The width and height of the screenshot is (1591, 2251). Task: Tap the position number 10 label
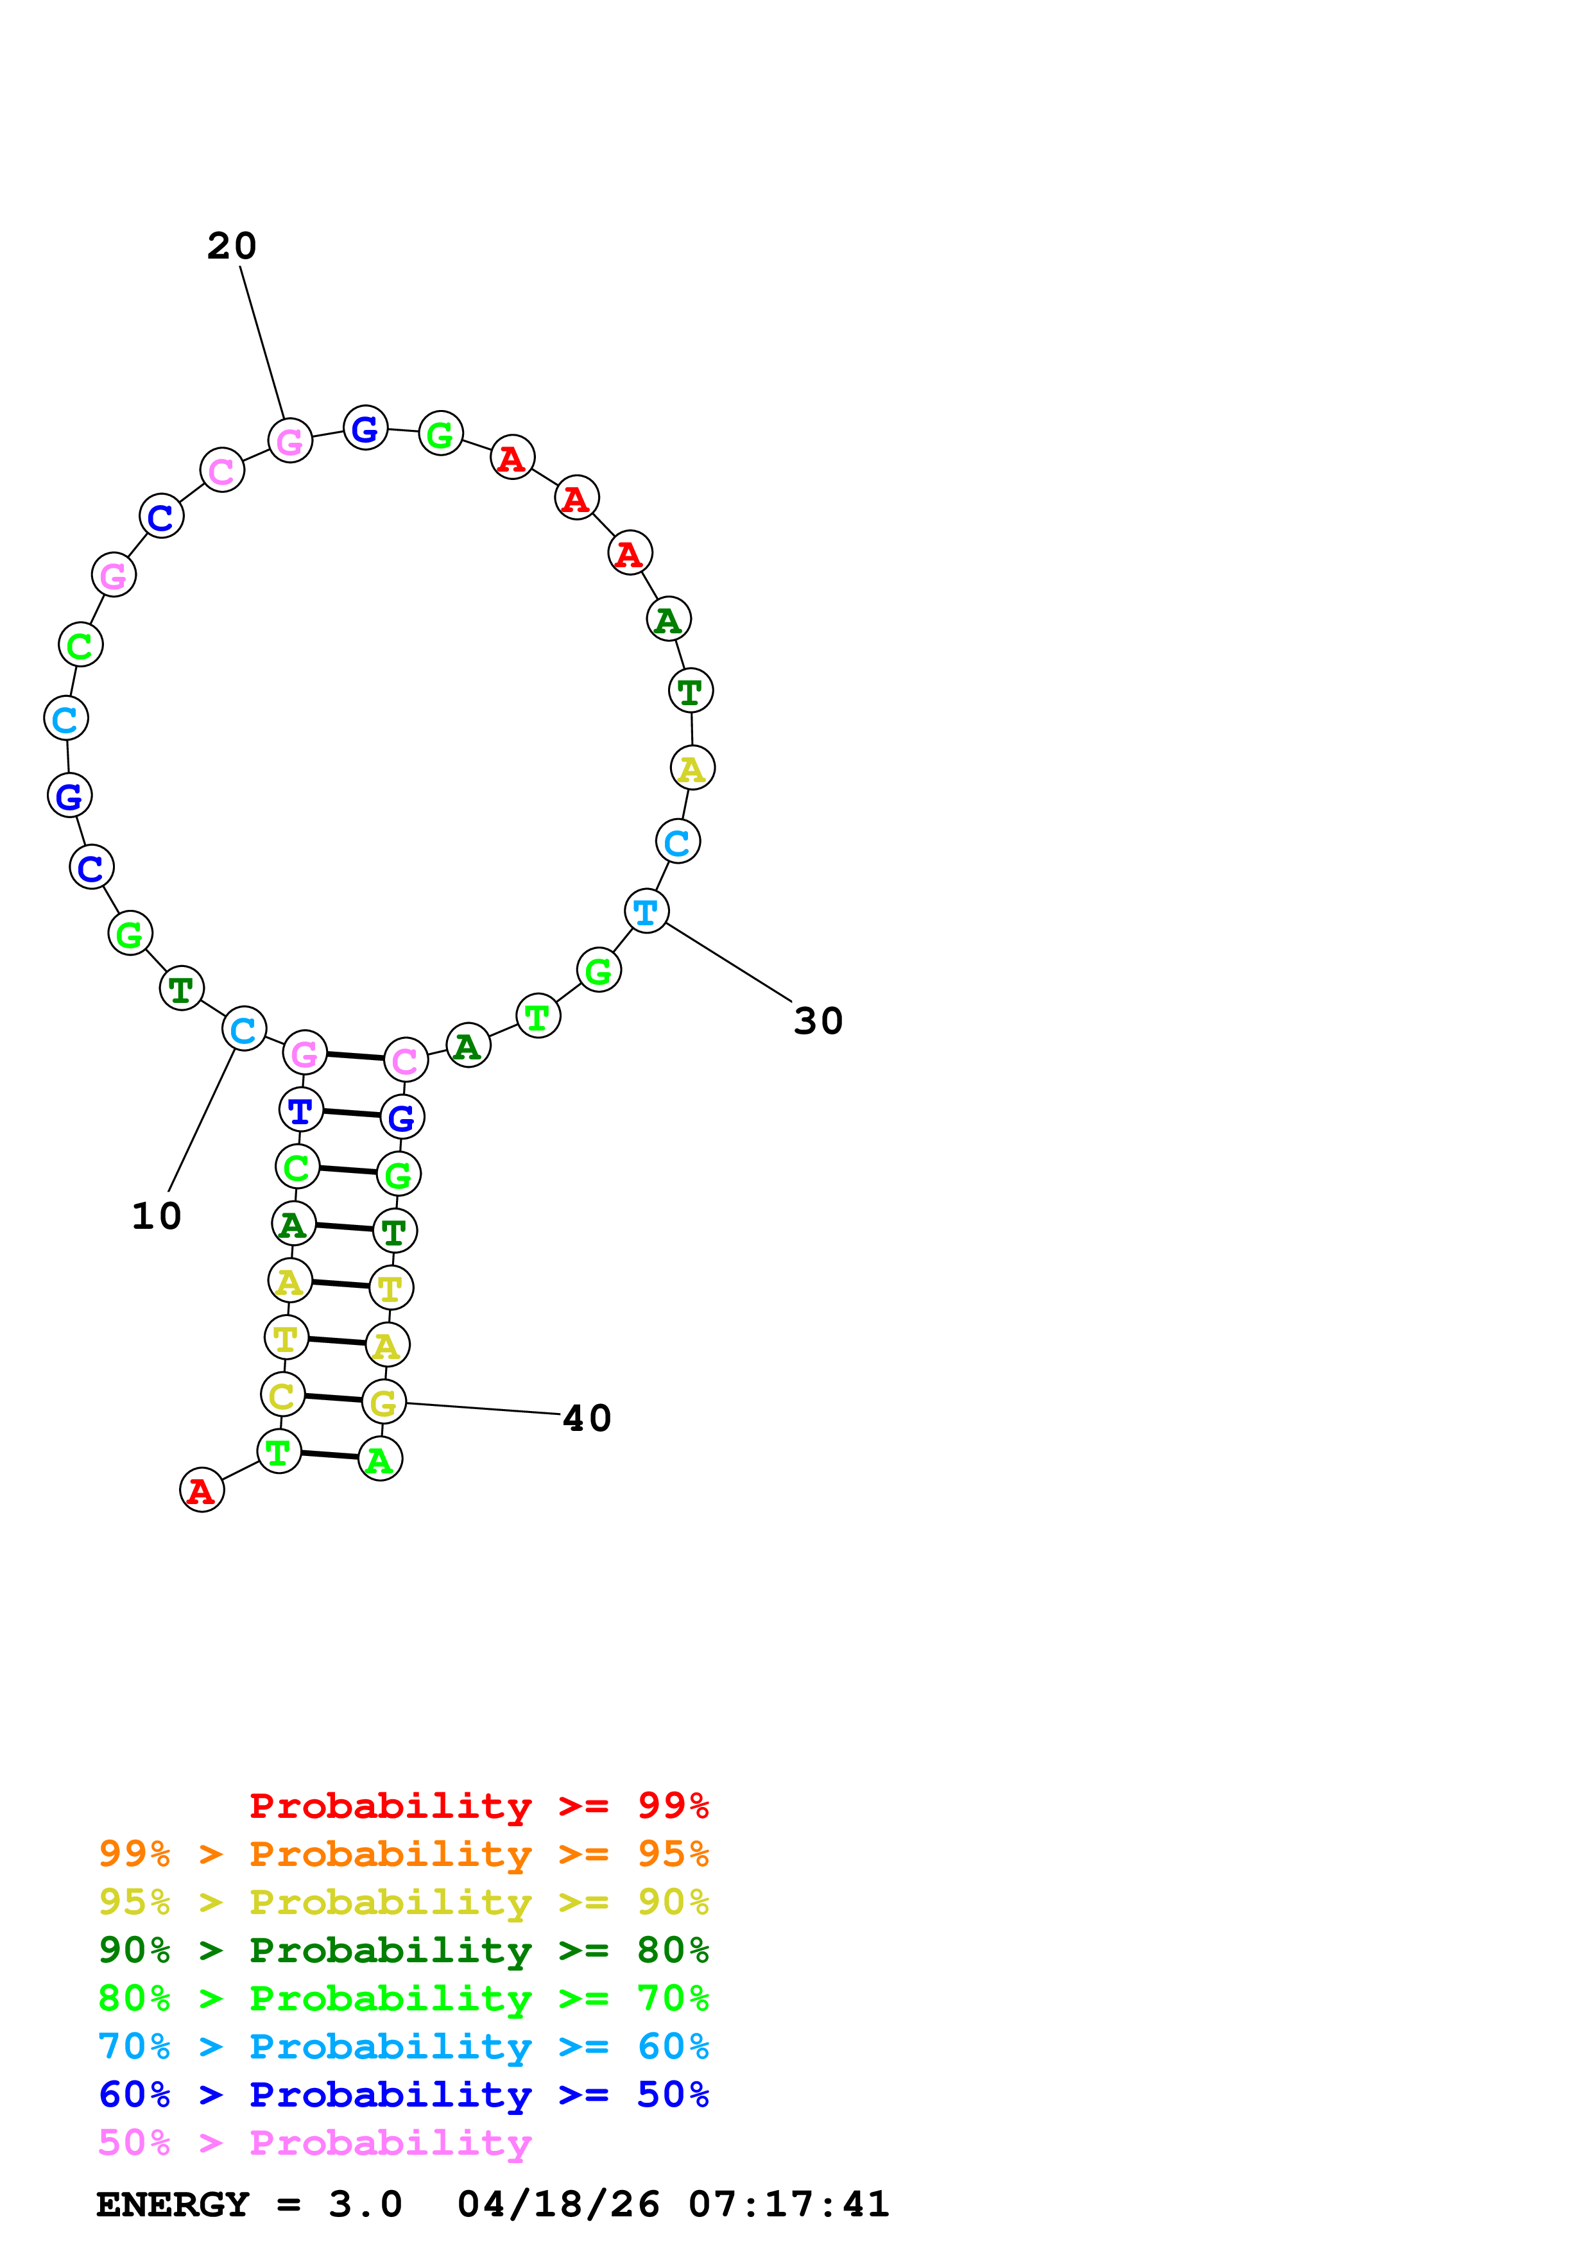pos(157,1217)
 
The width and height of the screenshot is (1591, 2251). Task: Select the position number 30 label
pos(818,1022)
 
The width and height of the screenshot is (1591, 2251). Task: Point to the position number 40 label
pos(587,1419)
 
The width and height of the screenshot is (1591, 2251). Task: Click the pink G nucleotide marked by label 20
pos(290,441)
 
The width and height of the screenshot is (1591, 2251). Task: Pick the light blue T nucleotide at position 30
pos(646,912)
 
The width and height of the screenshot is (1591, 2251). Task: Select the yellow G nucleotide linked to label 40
pos(383,1403)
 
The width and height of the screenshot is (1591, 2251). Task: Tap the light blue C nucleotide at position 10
pos(244,1029)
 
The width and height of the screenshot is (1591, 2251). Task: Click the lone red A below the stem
pos(202,1491)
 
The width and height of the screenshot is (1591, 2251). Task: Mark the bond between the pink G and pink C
pos(355,1057)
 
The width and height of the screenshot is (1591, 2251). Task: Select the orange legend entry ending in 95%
pos(403,1855)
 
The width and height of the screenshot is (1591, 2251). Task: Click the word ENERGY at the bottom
pos(173,2205)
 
